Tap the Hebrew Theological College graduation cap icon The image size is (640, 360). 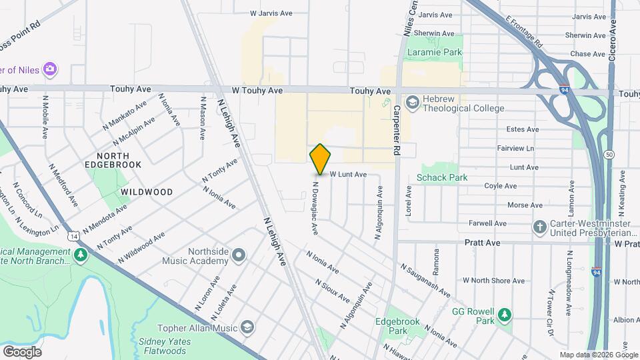tap(412, 101)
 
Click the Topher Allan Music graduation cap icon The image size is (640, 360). tap(247, 327)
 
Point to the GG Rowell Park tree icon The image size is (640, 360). tap(505, 315)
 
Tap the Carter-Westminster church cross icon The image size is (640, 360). tap(540, 228)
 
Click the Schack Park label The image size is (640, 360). tap(442, 177)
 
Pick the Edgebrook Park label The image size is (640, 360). tap(398, 326)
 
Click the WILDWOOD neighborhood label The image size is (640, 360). tap(147, 192)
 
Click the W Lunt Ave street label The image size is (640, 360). tap(349, 174)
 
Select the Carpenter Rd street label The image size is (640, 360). tap(395, 130)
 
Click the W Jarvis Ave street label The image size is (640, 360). tap(271, 13)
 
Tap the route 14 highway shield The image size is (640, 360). tap(72, 235)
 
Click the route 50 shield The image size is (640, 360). tap(609, 155)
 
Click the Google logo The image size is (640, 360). tap(22, 351)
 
